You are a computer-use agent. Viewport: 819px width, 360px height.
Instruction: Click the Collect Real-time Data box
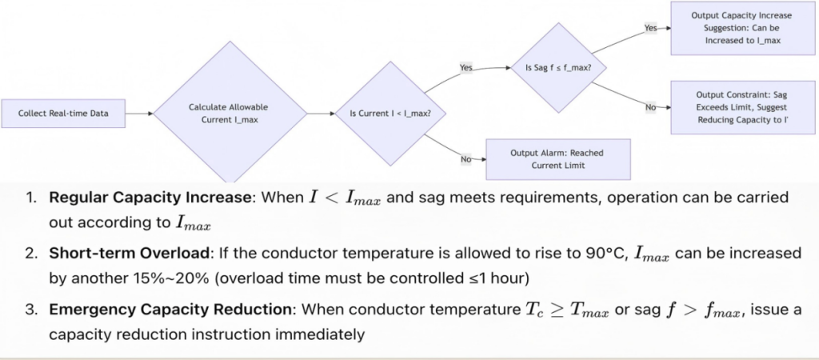[63, 114]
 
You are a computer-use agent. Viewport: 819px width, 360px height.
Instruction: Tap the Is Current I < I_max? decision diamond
[383, 114]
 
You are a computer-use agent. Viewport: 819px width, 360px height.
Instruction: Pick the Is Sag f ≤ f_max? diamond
[558, 67]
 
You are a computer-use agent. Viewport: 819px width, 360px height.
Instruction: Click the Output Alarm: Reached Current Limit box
[557, 159]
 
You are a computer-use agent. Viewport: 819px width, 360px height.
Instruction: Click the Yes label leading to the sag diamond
[466, 67]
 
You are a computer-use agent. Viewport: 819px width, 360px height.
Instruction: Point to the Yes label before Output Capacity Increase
[651, 28]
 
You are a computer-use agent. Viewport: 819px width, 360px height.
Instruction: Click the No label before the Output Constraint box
[651, 107]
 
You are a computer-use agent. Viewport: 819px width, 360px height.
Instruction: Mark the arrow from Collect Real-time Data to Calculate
[139, 114]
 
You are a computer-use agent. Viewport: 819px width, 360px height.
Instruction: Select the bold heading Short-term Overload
[127, 254]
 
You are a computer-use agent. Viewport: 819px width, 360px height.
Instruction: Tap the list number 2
[30, 254]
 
